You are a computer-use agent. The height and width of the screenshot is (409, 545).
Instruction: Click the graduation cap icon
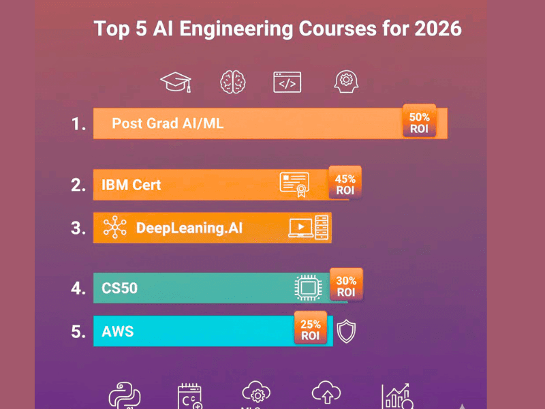point(176,82)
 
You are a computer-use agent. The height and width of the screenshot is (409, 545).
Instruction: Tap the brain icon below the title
point(233,82)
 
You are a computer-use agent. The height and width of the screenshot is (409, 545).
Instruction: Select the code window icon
point(287,82)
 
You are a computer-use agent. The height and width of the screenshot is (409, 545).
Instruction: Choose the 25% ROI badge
point(310,329)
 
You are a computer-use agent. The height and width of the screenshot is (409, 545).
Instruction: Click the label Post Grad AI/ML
point(168,123)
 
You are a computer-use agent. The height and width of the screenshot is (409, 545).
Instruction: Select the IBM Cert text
point(131,185)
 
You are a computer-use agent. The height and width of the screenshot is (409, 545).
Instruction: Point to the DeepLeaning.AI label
point(189,228)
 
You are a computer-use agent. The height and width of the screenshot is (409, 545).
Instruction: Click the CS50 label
point(119,288)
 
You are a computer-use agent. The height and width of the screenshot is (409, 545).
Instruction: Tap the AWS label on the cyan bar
point(117,332)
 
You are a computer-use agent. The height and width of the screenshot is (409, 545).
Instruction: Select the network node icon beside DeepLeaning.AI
point(114,228)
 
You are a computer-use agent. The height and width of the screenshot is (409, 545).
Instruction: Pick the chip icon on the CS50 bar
point(308,288)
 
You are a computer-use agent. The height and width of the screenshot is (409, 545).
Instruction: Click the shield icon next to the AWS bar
point(346,331)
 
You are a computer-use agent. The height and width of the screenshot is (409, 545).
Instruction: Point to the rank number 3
point(78,228)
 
